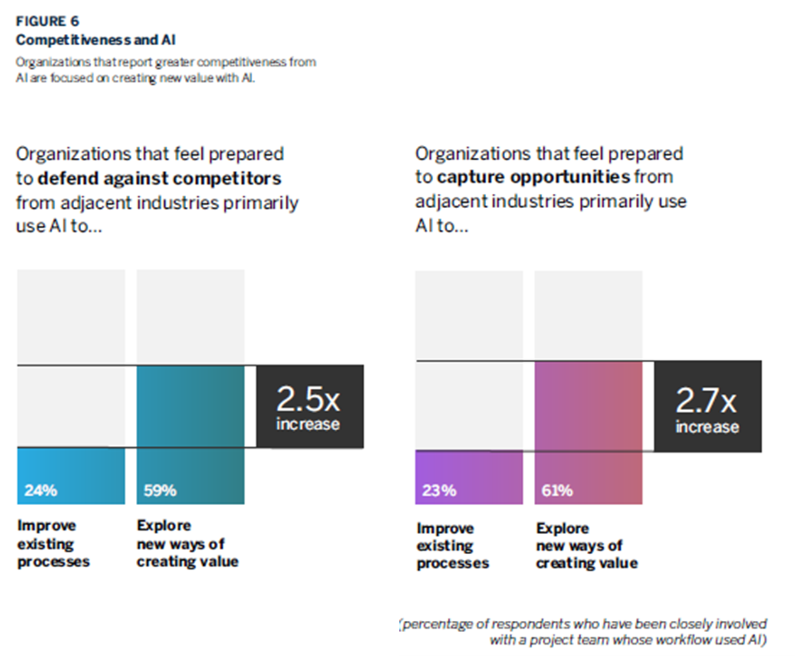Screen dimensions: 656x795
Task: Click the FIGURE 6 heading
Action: (47, 21)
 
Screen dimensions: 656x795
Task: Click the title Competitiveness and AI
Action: (96, 40)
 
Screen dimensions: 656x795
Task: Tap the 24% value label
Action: (41, 491)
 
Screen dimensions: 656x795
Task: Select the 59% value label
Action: (160, 491)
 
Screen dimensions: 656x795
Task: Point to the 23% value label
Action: (439, 491)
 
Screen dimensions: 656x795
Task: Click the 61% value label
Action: (557, 491)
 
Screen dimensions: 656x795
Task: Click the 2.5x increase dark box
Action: (309, 407)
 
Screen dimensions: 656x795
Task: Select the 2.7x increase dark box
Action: (708, 407)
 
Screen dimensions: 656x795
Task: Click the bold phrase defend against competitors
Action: (159, 179)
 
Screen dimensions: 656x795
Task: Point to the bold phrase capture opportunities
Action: (533, 177)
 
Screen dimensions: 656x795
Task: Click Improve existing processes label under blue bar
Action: (53, 543)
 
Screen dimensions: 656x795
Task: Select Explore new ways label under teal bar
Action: (187, 543)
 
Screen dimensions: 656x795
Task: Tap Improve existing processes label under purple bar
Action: (452, 546)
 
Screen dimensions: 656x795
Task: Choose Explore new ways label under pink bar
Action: (586, 546)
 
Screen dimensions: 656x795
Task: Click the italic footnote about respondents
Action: (584, 632)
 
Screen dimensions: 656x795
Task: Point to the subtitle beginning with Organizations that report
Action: (165, 70)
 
